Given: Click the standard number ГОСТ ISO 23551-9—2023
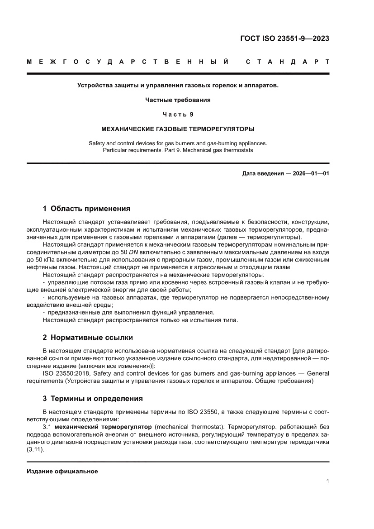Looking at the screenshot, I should click(x=284, y=38).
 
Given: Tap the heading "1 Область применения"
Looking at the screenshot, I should click(x=86, y=209).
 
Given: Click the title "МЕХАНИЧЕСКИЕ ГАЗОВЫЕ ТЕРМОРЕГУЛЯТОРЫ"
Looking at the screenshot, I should click(x=178, y=129).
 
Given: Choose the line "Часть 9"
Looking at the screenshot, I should click(x=178, y=114).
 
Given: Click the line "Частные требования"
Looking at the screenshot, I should click(x=178, y=100).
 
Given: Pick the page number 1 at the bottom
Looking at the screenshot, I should click(x=327, y=481).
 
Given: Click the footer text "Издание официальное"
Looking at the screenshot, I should click(x=62, y=472).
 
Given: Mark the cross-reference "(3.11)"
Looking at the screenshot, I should click(x=35, y=451).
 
